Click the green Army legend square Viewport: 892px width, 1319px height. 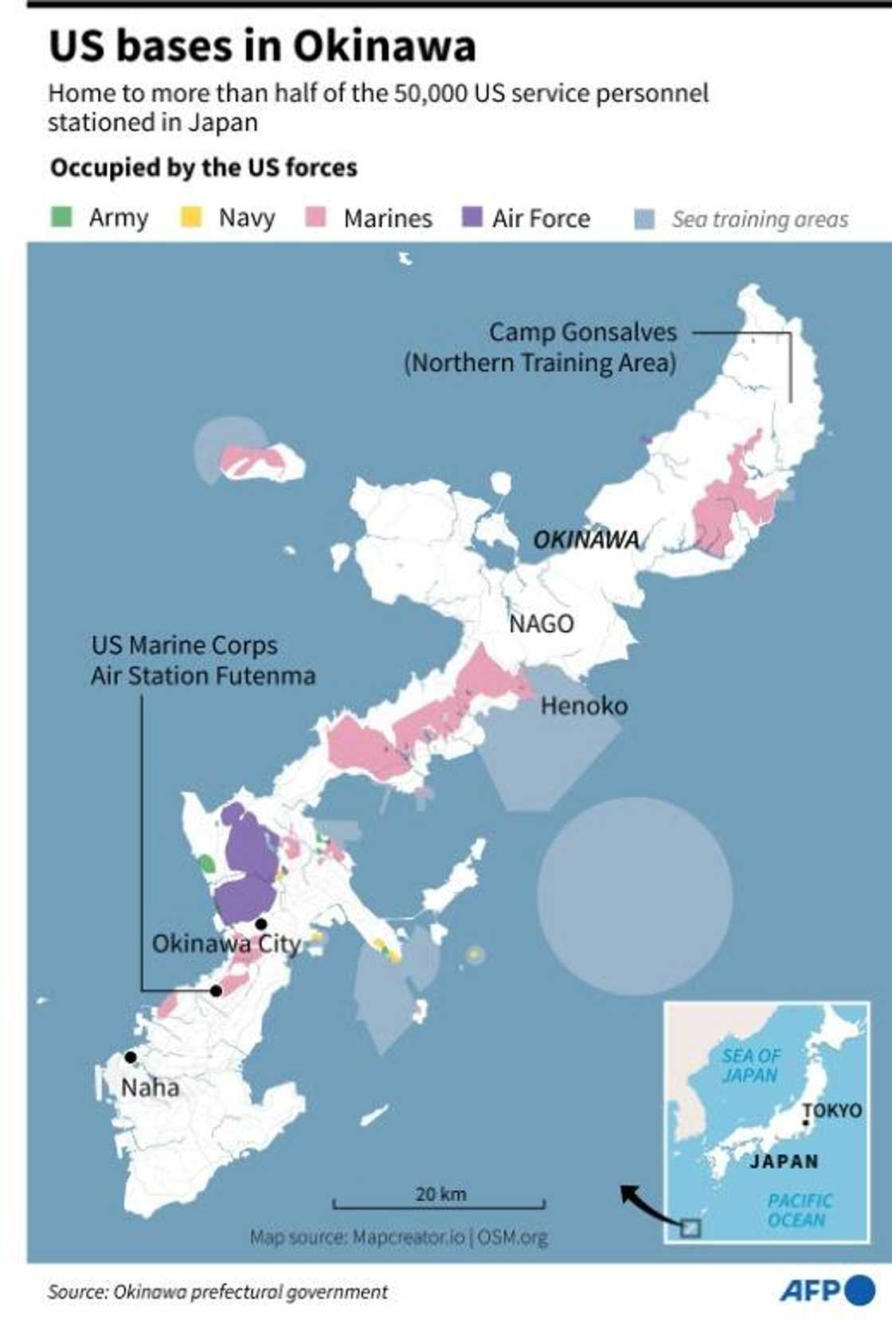click(x=61, y=217)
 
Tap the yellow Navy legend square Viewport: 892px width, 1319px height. click(x=191, y=217)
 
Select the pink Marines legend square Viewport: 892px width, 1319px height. click(x=316, y=217)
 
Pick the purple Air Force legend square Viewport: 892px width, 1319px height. click(x=471, y=217)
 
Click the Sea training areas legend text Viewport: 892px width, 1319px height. click(x=760, y=219)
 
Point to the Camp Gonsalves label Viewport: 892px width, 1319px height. click(x=582, y=332)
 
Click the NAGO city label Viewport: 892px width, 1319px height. click(x=541, y=623)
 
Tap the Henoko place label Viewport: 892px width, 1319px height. click(x=584, y=705)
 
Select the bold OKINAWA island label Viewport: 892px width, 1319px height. click(x=586, y=540)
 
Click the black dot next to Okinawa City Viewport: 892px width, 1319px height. click(x=260, y=923)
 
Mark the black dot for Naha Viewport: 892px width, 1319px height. click(x=131, y=1057)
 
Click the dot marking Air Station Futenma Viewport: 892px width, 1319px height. click(x=216, y=991)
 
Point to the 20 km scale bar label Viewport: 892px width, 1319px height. click(x=440, y=1193)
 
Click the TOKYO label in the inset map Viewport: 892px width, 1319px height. click(x=832, y=1110)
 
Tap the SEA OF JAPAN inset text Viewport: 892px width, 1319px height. click(x=750, y=1065)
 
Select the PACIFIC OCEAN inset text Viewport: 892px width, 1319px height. click(x=799, y=1210)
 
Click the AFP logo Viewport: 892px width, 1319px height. click(x=826, y=1290)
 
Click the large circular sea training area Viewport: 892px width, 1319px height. click(x=634, y=896)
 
